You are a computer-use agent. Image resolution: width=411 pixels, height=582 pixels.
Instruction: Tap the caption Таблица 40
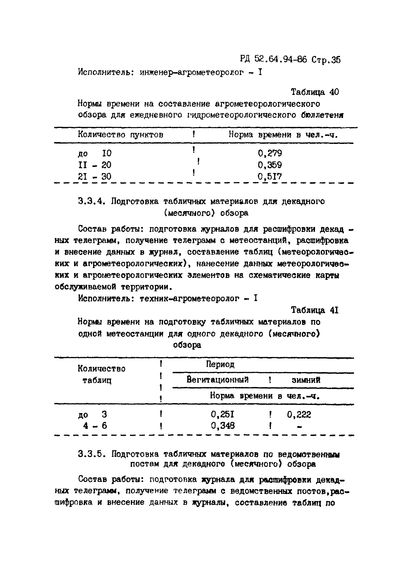point(315,92)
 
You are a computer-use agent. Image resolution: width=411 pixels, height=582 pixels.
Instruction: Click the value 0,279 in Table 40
point(270,153)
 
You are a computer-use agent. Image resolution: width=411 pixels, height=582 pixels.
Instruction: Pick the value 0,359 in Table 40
point(270,165)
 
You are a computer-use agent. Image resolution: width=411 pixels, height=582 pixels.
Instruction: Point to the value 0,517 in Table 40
point(270,176)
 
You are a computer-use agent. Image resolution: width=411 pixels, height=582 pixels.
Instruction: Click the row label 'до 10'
point(95,153)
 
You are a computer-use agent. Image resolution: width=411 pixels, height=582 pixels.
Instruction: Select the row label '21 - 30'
point(95,176)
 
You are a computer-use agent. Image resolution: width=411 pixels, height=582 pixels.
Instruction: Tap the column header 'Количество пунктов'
point(120,134)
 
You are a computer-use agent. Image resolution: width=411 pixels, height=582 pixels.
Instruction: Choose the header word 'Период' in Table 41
point(220,364)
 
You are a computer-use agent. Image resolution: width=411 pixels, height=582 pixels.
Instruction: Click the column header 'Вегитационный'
point(218,380)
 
